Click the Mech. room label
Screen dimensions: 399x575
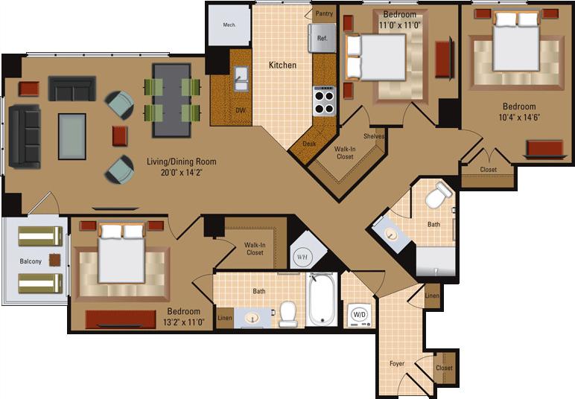(229, 25)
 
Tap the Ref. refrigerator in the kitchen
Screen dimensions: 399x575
(323, 38)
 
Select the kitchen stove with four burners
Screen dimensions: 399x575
(324, 100)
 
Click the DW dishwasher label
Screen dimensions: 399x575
(241, 109)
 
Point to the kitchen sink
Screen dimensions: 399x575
(241, 78)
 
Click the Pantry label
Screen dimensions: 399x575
(324, 13)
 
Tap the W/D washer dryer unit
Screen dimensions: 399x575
(359, 314)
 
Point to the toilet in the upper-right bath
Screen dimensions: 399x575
(439, 196)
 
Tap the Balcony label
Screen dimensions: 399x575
(30, 261)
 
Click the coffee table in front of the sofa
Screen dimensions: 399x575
(72, 136)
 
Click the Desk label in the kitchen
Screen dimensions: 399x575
(309, 144)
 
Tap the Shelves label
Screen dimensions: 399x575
(373, 136)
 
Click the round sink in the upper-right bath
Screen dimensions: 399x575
(391, 233)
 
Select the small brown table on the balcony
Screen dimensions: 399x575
(55, 260)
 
